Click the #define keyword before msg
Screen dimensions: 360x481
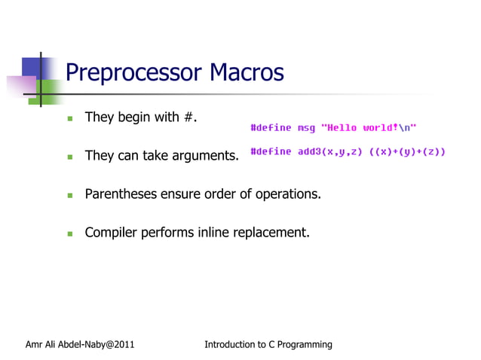271,127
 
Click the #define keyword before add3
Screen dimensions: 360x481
271,151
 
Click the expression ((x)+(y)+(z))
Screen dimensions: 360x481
406,151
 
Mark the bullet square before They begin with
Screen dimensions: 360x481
69,119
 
